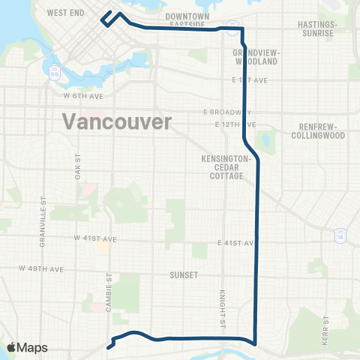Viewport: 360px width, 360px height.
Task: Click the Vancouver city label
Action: click(x=117, y=121)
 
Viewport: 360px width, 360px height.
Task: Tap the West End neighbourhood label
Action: click(x=65, y=13)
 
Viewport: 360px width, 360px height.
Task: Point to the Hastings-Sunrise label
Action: click(x=337, y=28)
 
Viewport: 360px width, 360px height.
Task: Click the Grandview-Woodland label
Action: click(x=245, y=57)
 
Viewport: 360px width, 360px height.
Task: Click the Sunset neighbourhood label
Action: click(x=184, y=275)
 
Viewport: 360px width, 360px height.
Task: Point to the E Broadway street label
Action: click(x=226, y=112)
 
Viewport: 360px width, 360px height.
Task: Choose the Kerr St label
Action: click(x=327, y=328)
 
